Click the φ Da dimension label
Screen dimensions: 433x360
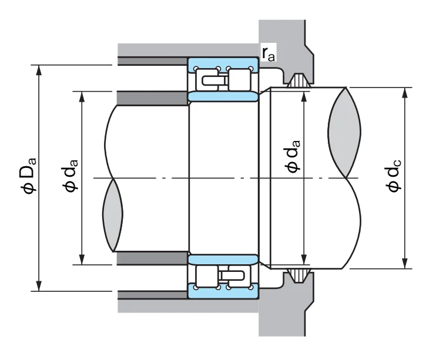[28, 176]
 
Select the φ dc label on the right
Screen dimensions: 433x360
[393, 176]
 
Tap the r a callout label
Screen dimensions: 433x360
[268, 53]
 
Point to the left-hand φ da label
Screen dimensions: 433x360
[71, 176]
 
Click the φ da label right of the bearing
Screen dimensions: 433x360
[292, 156]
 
